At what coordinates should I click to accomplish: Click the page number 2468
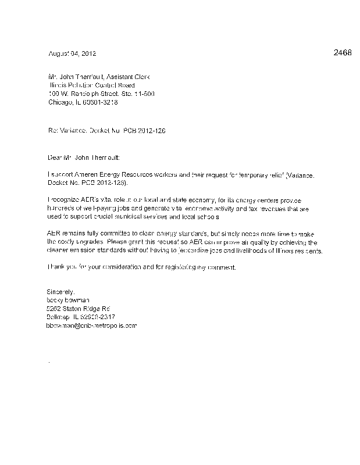click(x=343, y=53)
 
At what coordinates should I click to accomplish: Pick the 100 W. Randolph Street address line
click(x=101, y=93)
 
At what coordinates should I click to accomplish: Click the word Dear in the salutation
click(x=54, y=158)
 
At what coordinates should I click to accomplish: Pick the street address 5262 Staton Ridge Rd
click(x=79, y=309)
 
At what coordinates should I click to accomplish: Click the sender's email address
click(x=91, y=325)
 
